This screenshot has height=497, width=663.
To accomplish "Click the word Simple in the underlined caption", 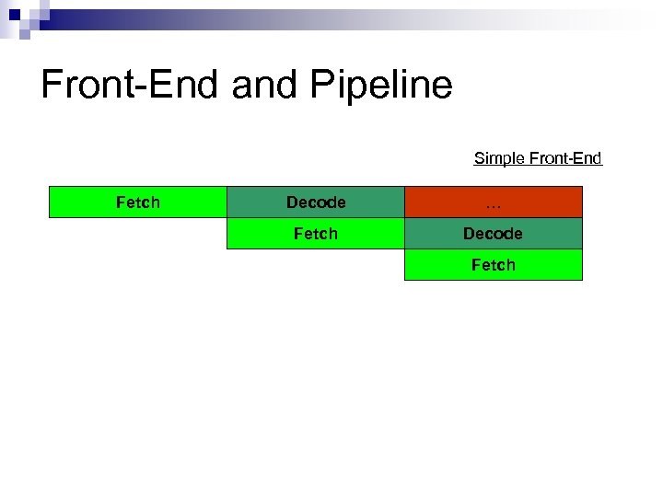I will [x=497, y=158].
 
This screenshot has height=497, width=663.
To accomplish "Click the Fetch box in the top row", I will [x=138, y=202].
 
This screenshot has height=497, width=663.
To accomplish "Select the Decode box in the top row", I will [x=316, y=202].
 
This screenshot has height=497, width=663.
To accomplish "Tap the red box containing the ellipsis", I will [x=494, y=202].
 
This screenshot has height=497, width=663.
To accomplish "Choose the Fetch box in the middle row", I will [x=316, y=234].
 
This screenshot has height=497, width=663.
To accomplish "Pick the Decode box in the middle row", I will [x=494, y=234].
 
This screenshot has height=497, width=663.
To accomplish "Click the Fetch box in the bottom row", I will [x=494, y=265].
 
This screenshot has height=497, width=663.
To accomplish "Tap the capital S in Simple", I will [x=479, y=158].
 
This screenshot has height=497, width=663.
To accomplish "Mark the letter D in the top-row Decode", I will [x=292, y=202].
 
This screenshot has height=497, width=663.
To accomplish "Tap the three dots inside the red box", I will [x=494, y=204].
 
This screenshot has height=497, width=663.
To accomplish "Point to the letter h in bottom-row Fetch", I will [x=511, y=265].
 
